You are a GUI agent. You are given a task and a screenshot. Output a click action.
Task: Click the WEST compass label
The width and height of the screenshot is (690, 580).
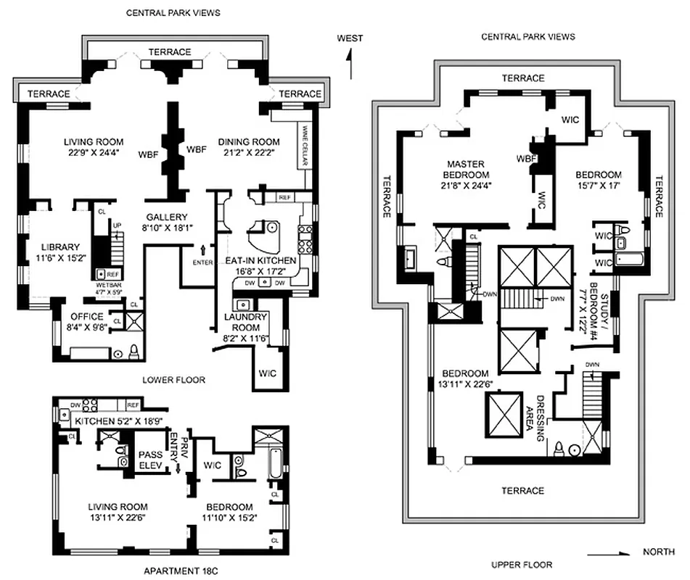[x=350, y=38]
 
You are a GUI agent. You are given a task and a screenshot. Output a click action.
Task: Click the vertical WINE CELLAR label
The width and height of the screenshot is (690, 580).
[x=304, y=146]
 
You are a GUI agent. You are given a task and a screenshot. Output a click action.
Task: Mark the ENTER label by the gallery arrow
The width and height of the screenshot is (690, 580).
[x=203, y=262]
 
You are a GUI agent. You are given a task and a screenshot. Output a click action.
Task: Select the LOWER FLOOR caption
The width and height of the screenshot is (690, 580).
[x=174, y=380]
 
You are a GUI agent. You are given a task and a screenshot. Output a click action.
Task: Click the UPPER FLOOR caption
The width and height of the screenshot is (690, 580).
[x=522, y=565]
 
